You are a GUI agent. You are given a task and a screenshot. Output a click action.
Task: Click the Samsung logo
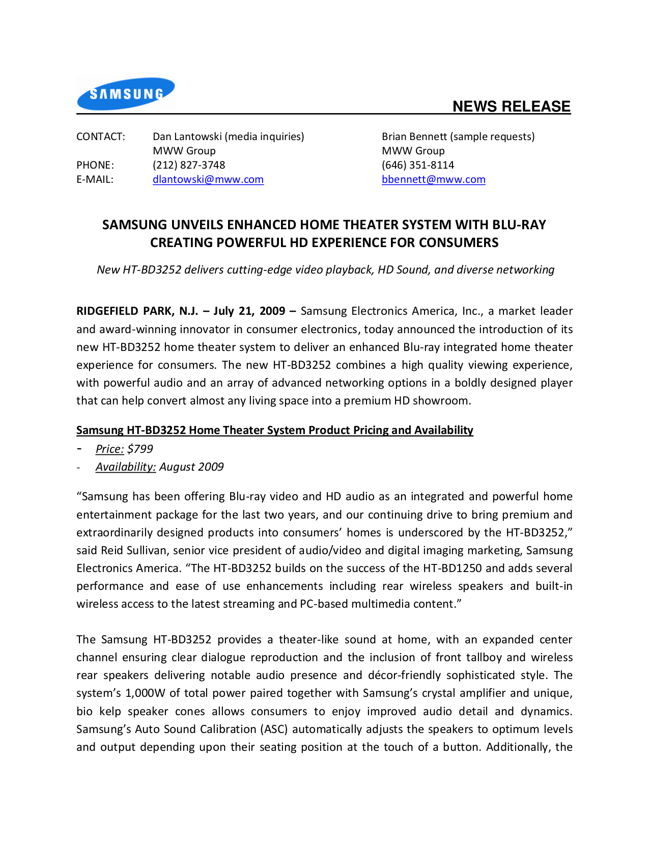126,94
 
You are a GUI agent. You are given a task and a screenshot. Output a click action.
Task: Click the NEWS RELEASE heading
511,106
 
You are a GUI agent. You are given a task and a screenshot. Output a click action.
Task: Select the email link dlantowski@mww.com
208,179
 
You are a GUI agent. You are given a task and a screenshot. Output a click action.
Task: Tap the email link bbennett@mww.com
433,179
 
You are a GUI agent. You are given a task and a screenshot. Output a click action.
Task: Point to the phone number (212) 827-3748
189,165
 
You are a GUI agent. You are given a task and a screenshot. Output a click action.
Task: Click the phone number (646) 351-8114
418,165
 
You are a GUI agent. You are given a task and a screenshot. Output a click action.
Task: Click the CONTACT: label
100,137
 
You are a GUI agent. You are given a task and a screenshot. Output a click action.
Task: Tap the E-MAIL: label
95,179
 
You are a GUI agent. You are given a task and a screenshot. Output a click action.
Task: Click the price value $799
140,449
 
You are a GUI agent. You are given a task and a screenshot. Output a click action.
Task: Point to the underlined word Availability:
125,467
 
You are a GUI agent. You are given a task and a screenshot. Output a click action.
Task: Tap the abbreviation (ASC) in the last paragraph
274,729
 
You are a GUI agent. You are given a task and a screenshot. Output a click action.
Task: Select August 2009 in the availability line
191,467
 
